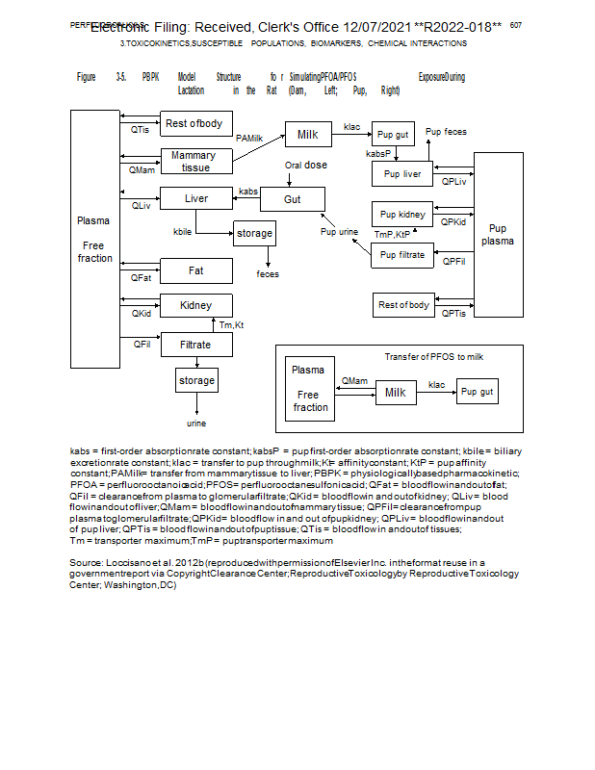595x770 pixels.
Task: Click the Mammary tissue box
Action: (x=195, y=162)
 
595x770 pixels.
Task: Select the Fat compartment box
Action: (x=195, y=271)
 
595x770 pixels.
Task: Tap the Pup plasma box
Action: (x=498, y=235)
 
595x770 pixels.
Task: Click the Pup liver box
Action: (x=402, y=174)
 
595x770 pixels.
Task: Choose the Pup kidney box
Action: (x=402, y=215)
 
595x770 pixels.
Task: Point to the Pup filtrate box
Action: (x=402, y=255)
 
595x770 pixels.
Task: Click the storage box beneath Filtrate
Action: (x=196, y=380)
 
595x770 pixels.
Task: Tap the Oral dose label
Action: (x=305, y=166)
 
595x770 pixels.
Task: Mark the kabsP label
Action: (x=379, y=154)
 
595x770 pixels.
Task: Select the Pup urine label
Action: (x=340, y=232)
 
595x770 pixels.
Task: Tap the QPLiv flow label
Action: (x=453, y=181)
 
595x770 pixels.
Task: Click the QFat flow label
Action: (x=141, y=278)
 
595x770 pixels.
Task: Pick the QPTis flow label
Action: (x=453, y=313)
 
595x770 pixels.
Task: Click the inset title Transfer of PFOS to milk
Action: (x=434, y=356)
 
